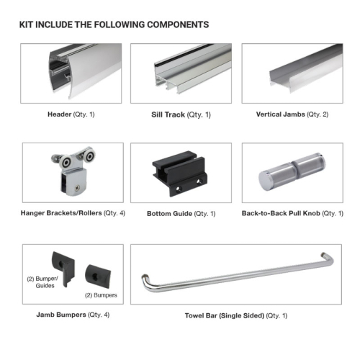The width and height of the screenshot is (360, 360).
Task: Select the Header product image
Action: pos(71,72)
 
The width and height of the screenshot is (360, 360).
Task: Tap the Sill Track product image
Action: pos(181,72)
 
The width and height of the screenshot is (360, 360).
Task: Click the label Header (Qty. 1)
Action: pos(71,114)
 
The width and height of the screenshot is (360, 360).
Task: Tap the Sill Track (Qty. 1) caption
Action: pos(181,114)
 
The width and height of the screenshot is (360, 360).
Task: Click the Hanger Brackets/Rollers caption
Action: pos(71,213)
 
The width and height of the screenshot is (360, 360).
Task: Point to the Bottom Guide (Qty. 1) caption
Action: pos(181,214)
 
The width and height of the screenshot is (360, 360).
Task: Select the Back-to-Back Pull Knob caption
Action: pos(292,213)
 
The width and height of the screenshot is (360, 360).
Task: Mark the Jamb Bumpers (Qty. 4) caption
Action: pos(71,315)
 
